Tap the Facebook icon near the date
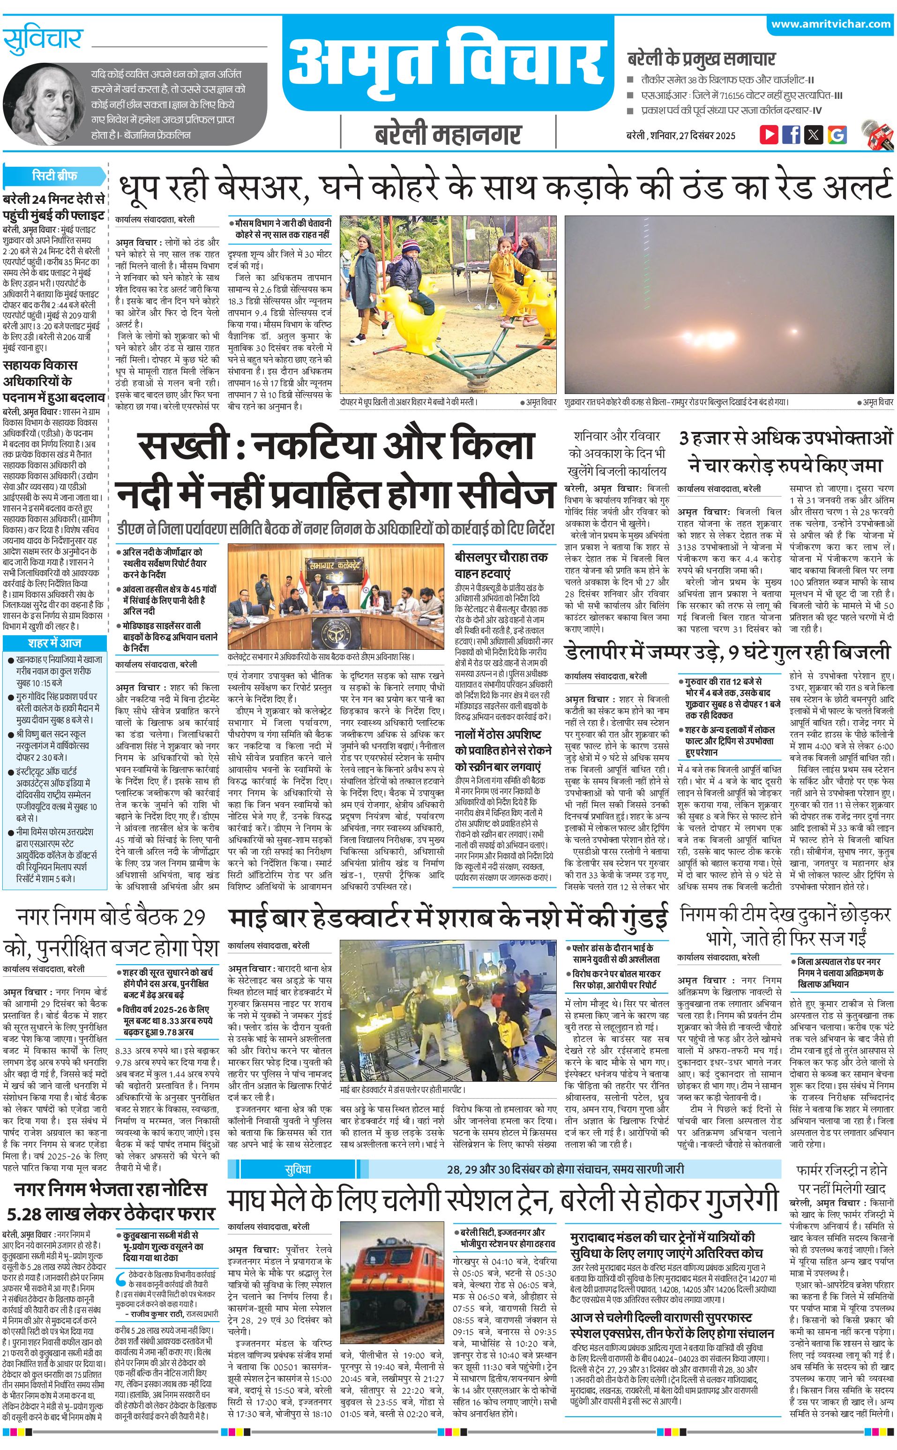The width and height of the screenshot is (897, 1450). [791, 134]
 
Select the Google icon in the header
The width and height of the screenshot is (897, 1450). [837, 134]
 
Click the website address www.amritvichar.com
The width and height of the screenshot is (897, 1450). [830, 24]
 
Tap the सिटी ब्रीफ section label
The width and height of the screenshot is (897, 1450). [54, 176]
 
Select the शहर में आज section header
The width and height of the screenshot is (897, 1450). [54, 643]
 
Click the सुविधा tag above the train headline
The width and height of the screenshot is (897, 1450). [297, 1153]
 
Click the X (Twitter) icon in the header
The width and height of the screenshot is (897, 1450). [814, 134]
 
